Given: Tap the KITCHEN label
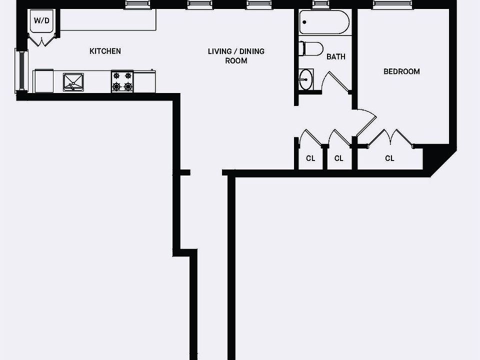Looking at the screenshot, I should tap(105, 51).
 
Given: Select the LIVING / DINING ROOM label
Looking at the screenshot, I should tap(236, 56).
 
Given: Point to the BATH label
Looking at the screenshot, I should tap(335, 56).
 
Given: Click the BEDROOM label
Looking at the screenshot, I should tap(401, 71).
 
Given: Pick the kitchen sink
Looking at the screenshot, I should tap(73, 82).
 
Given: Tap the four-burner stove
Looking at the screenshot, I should tap(122, 81).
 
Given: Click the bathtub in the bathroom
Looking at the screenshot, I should tap(324, 22).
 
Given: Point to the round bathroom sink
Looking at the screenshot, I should tap(305, 79).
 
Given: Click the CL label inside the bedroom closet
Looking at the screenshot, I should tap(389, 158).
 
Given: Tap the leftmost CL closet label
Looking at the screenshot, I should tap(310, 158).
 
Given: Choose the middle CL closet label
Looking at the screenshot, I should tap(339, 158).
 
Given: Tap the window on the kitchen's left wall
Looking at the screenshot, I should tap(21, 70).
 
